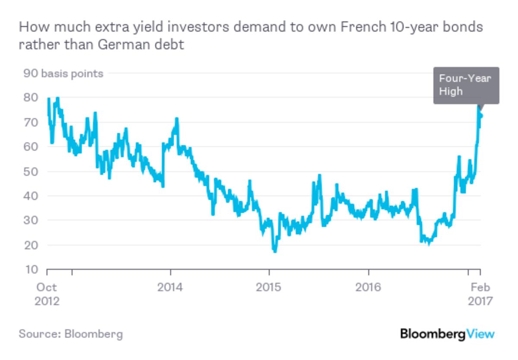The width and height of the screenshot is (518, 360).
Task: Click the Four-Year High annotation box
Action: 466,85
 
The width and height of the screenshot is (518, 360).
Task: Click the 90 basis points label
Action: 63,73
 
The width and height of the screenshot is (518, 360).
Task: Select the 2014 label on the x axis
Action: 171,287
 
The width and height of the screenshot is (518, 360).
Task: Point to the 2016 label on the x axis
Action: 368,287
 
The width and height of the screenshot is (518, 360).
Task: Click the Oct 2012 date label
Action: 47,294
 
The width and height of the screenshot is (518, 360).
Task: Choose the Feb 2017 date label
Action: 480,294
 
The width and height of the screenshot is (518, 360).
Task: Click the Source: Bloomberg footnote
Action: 71,334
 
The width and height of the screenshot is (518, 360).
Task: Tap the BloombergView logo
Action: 447,334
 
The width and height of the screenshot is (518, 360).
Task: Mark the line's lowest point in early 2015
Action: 275,251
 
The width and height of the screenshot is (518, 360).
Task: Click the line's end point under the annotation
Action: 480,116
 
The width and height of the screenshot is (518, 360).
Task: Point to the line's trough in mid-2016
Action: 428,243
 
